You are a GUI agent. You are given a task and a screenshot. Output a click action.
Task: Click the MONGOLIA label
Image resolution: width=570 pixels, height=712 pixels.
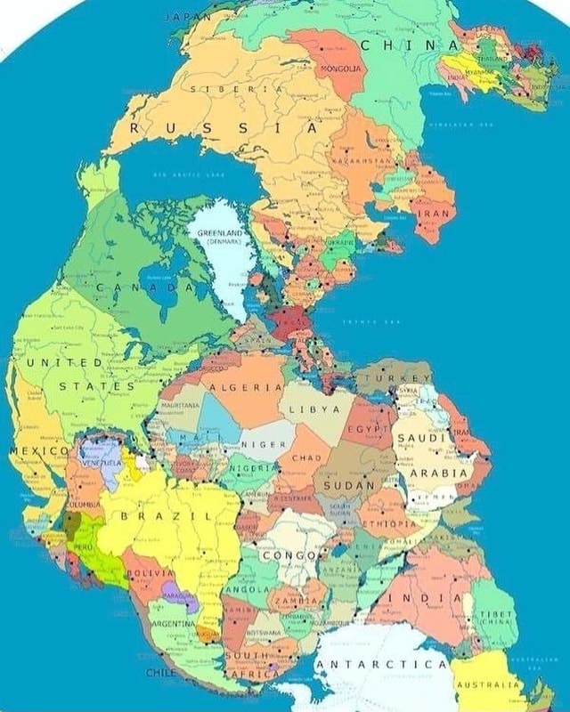click(339, 68)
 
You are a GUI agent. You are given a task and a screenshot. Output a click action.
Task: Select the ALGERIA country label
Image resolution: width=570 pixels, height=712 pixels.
click(245, 388)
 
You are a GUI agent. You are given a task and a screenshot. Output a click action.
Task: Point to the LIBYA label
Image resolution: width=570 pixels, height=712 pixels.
click(313, 409)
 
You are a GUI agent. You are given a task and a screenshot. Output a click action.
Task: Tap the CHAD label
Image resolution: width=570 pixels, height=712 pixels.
click(305, 457)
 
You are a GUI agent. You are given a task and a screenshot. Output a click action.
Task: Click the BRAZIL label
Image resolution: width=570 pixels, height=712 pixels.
click(166, 515)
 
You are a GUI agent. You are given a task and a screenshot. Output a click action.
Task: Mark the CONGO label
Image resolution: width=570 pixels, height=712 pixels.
click(288, 555)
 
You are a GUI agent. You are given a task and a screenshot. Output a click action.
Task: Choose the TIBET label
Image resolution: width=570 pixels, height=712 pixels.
click(496, 614)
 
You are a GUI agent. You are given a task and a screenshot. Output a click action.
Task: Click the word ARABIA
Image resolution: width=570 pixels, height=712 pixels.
click(437, 473)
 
